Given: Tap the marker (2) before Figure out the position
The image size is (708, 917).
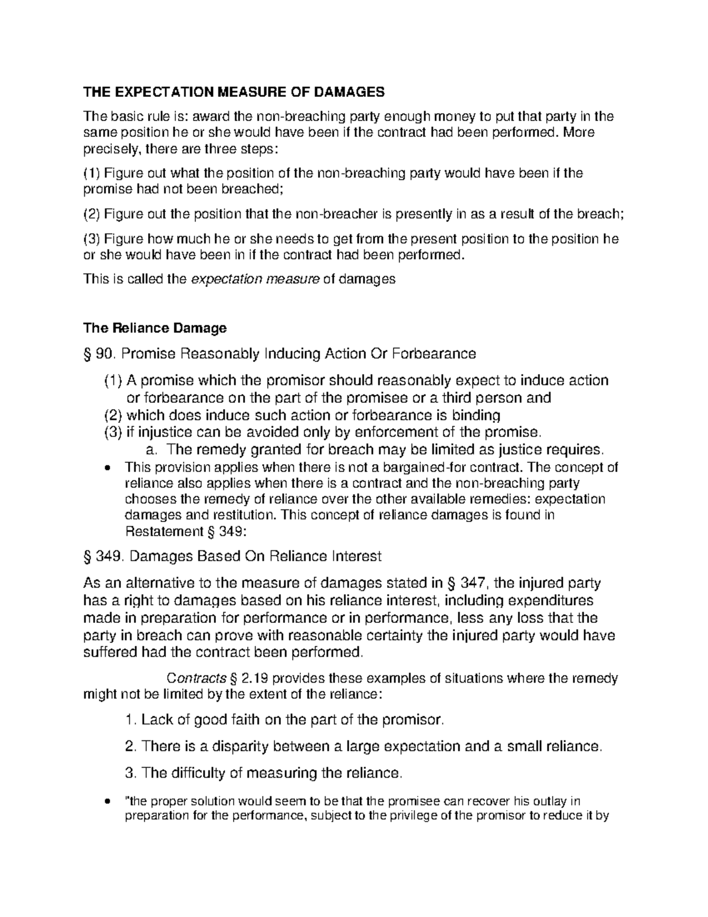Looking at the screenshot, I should (x=91, y=214).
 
